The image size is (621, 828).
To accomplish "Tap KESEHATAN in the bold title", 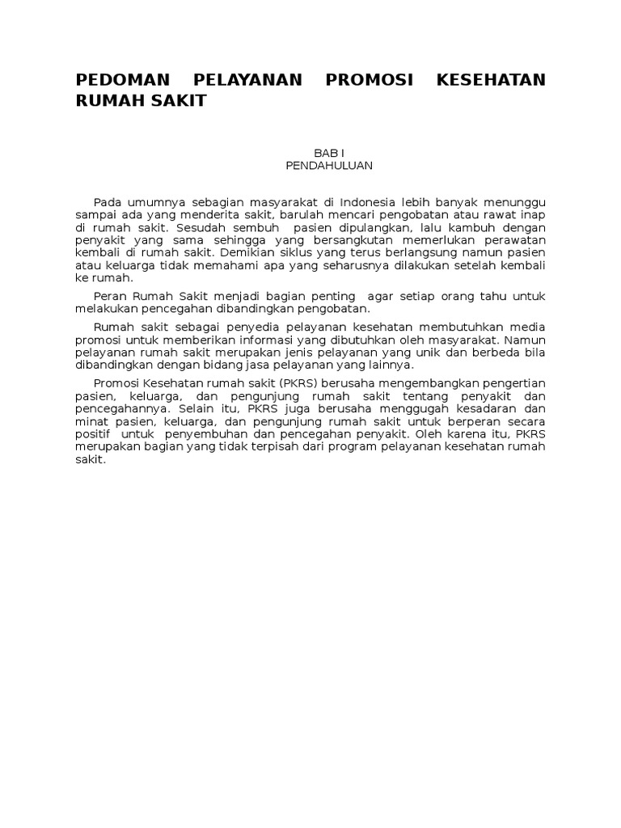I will (x=491, y=80).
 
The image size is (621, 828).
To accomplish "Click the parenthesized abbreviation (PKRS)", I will (x=298, y=384).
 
